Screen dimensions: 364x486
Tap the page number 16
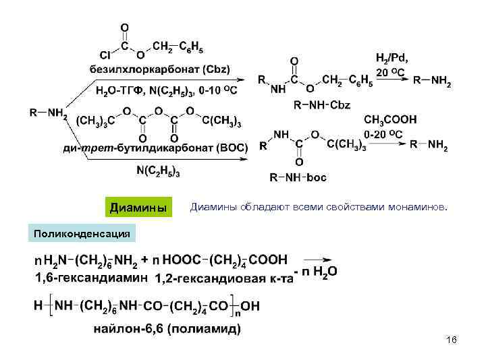point(451,342)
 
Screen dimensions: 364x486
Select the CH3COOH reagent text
point(391,119)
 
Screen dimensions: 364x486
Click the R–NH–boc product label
point(298,177)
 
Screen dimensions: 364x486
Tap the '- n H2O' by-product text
point(317,273)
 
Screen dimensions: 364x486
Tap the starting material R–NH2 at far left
point(48,113)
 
